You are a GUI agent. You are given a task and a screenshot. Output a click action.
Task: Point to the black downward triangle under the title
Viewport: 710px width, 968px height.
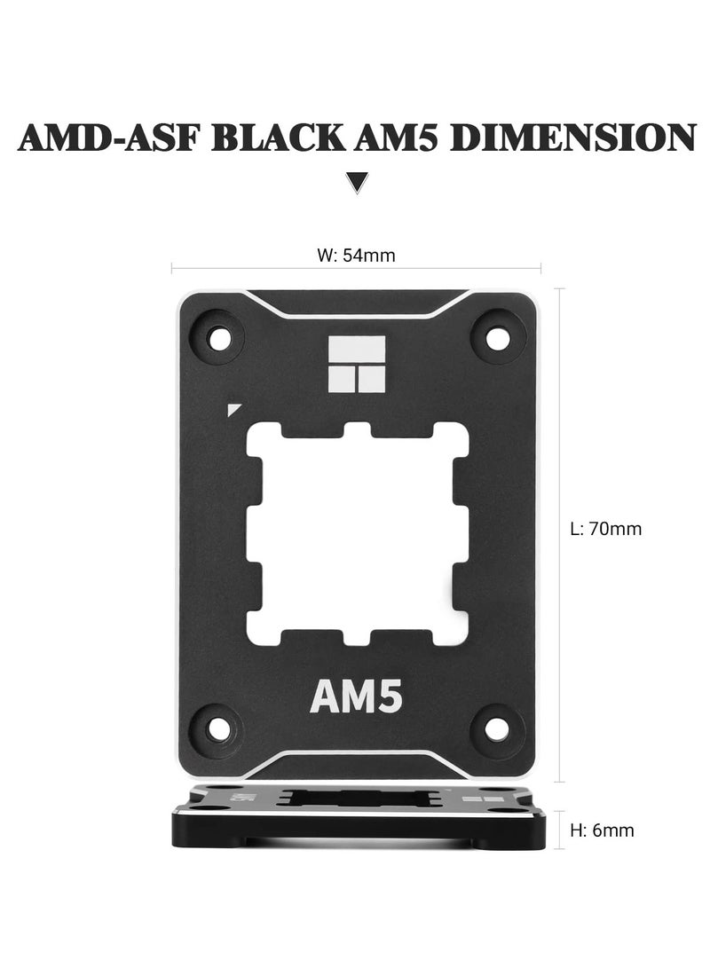pyautogui.click(x=357, y=183)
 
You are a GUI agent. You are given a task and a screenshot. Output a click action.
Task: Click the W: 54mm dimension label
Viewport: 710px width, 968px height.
pyautogui.click(x=356, y=256)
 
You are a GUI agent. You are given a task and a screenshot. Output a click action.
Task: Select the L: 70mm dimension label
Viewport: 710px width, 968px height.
pyautogui.click(x=605, y=530)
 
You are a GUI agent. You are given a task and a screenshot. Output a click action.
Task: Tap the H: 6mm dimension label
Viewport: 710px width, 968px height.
pyautogui.click(x=602, y=831)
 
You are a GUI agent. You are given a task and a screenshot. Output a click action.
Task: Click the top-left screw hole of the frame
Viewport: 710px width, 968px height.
pyautogui.click(x=217, y=337)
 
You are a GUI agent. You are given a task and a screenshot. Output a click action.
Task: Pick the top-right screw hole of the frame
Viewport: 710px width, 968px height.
pyautogui.click(x=498, y=337)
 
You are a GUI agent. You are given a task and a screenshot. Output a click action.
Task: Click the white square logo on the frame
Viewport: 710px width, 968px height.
pyautogui.click(x=357, y=365)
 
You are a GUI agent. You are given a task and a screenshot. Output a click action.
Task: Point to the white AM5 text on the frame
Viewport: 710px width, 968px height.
pyautogui.click(x=357, y=697)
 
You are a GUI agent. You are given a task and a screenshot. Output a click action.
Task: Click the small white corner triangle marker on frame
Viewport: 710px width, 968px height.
pyautogui.click(x=233, y=409)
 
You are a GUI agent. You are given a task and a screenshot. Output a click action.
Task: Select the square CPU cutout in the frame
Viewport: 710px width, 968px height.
pyautogui.click(x=357, y=532)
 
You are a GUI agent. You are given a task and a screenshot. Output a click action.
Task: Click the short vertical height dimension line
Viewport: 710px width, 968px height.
pyautogui.click(x=559, y=830)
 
